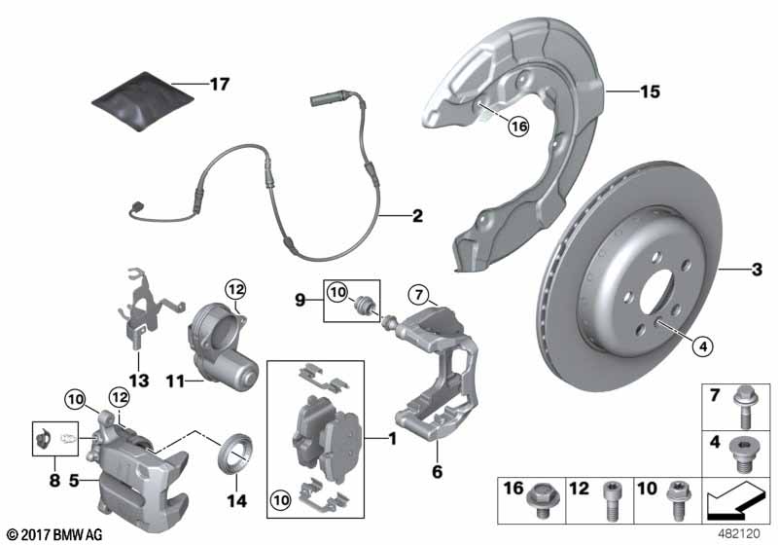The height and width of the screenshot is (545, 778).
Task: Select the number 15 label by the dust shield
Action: point(650,92)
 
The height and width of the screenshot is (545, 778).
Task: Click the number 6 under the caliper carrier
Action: point(438,471)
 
